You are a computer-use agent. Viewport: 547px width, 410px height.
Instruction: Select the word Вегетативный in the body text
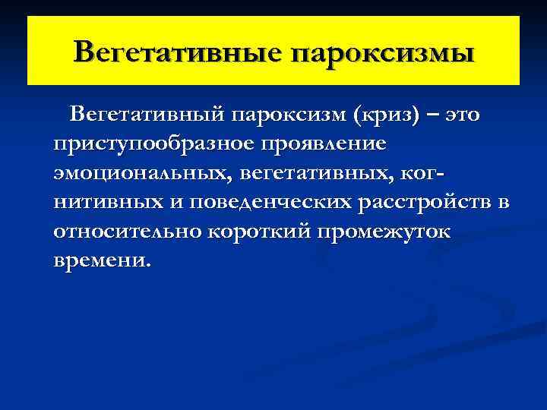click(x=144, y=115)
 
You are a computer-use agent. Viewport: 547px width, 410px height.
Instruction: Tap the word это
click(x=463, y=115)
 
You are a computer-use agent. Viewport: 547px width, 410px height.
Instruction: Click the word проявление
click(x=335, y=143)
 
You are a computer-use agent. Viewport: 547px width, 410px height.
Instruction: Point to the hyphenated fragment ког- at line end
click(x=421, y=173)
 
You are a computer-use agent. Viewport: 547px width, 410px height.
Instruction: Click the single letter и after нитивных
click(x=174, y=203)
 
